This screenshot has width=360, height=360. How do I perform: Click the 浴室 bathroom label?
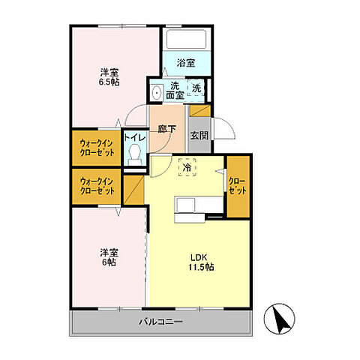point(186,63)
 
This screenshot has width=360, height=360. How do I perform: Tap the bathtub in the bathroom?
point(187,39)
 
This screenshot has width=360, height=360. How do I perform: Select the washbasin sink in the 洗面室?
point(157,92)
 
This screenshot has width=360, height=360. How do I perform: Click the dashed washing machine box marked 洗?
point(196,88)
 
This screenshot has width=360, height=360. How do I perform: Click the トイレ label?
point(135,137)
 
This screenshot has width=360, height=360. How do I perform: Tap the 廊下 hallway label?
point(167,129)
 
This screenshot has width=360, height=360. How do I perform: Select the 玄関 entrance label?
point(199,135)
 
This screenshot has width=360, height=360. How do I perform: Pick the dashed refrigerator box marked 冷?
point(187,167)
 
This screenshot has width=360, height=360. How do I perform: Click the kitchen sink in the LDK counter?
point(185,205)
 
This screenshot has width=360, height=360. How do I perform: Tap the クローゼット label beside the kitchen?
point(238,186)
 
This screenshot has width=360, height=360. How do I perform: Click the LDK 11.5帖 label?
point(201,262)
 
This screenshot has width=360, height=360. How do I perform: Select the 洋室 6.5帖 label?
point(109,77)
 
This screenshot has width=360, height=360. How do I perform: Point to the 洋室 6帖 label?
point(109,257)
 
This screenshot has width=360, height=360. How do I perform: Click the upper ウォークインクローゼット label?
point(97,148)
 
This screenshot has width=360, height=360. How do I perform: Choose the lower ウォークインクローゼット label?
point(97,186)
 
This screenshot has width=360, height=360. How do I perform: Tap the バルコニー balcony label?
point(160,322)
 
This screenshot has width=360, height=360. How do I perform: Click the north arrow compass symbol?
point(279,319)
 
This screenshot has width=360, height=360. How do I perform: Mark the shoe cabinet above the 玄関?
point(200,111)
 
